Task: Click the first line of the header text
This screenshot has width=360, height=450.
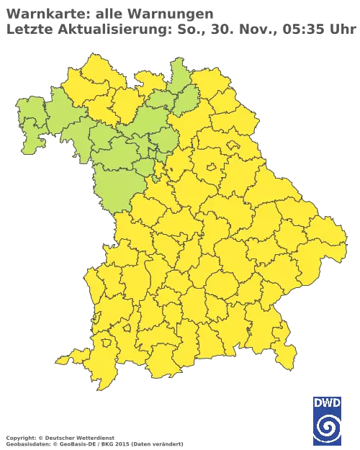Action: coord(108,12)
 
